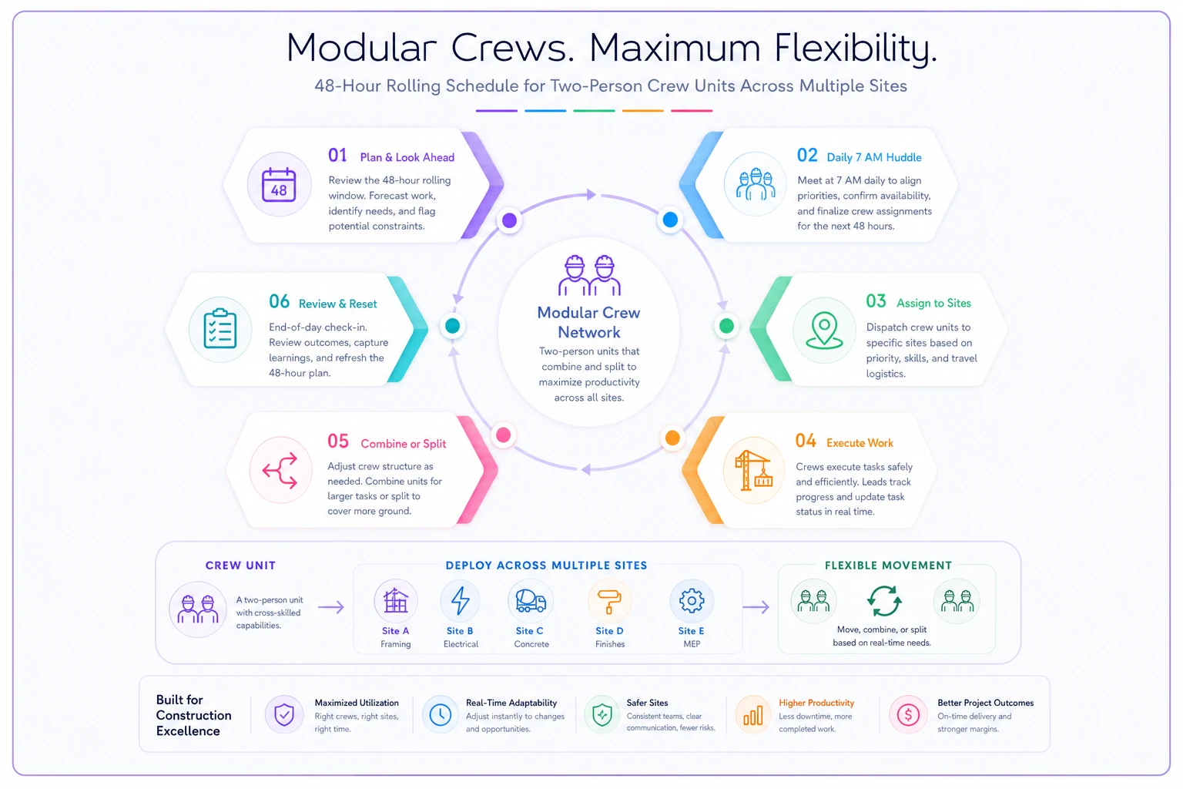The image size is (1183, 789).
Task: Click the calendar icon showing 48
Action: coord(279,184)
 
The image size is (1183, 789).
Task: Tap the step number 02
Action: coord(807,156)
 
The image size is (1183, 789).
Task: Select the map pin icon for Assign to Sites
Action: coord(824,330)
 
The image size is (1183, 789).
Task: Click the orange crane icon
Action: coord(754,470)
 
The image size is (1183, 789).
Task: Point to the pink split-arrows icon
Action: coord(280,470)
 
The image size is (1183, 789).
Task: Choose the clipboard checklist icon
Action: coord(220,328)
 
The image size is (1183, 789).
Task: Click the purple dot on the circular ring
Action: coord(509,220)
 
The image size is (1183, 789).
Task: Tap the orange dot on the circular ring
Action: coord(672,438)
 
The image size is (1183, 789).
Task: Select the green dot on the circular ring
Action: coord(726,326)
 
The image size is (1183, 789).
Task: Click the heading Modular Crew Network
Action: coord(589,322)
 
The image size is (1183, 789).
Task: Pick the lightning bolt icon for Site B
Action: coord(460,600)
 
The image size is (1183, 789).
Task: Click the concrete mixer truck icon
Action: coord(530,601)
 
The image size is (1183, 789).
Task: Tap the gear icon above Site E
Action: coord(692,600)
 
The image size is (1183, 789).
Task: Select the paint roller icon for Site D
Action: coord(609,602)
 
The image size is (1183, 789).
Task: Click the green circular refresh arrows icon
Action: coord(884,601)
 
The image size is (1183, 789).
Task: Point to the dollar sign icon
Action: coord(908,715)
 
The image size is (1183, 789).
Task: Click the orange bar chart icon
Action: coord(752,716)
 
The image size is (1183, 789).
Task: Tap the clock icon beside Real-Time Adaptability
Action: coord(440,715)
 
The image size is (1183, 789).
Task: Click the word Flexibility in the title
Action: coord(855,49)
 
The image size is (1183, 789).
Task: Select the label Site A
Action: coord(396,631)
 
